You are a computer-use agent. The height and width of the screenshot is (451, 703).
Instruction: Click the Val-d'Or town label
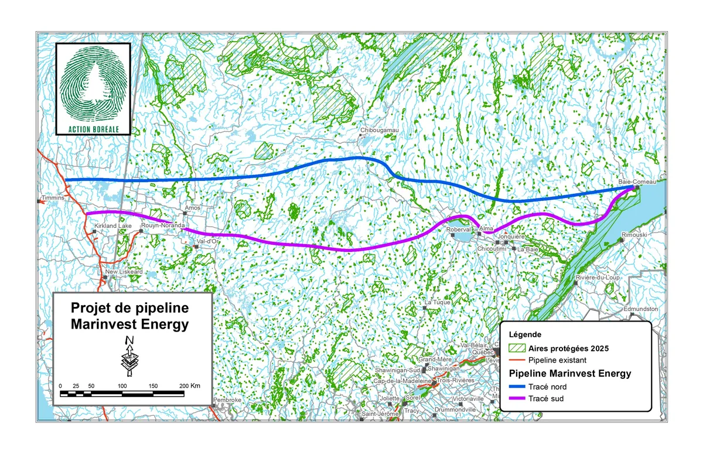click(209, 241)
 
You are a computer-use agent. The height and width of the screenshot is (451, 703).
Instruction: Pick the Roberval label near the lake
click(458, 230)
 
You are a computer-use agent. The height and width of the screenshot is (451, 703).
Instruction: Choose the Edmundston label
click(641, 309)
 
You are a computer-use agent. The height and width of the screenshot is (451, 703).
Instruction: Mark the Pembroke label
click(227, 400)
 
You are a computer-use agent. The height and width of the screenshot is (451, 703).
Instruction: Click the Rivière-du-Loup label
click(598, 276)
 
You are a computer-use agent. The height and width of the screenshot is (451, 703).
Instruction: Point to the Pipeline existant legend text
click(557, 360)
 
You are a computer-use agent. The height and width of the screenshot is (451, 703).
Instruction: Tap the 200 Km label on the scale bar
click(190, 386)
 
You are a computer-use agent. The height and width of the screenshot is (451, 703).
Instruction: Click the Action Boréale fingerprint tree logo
click(93, 87)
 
